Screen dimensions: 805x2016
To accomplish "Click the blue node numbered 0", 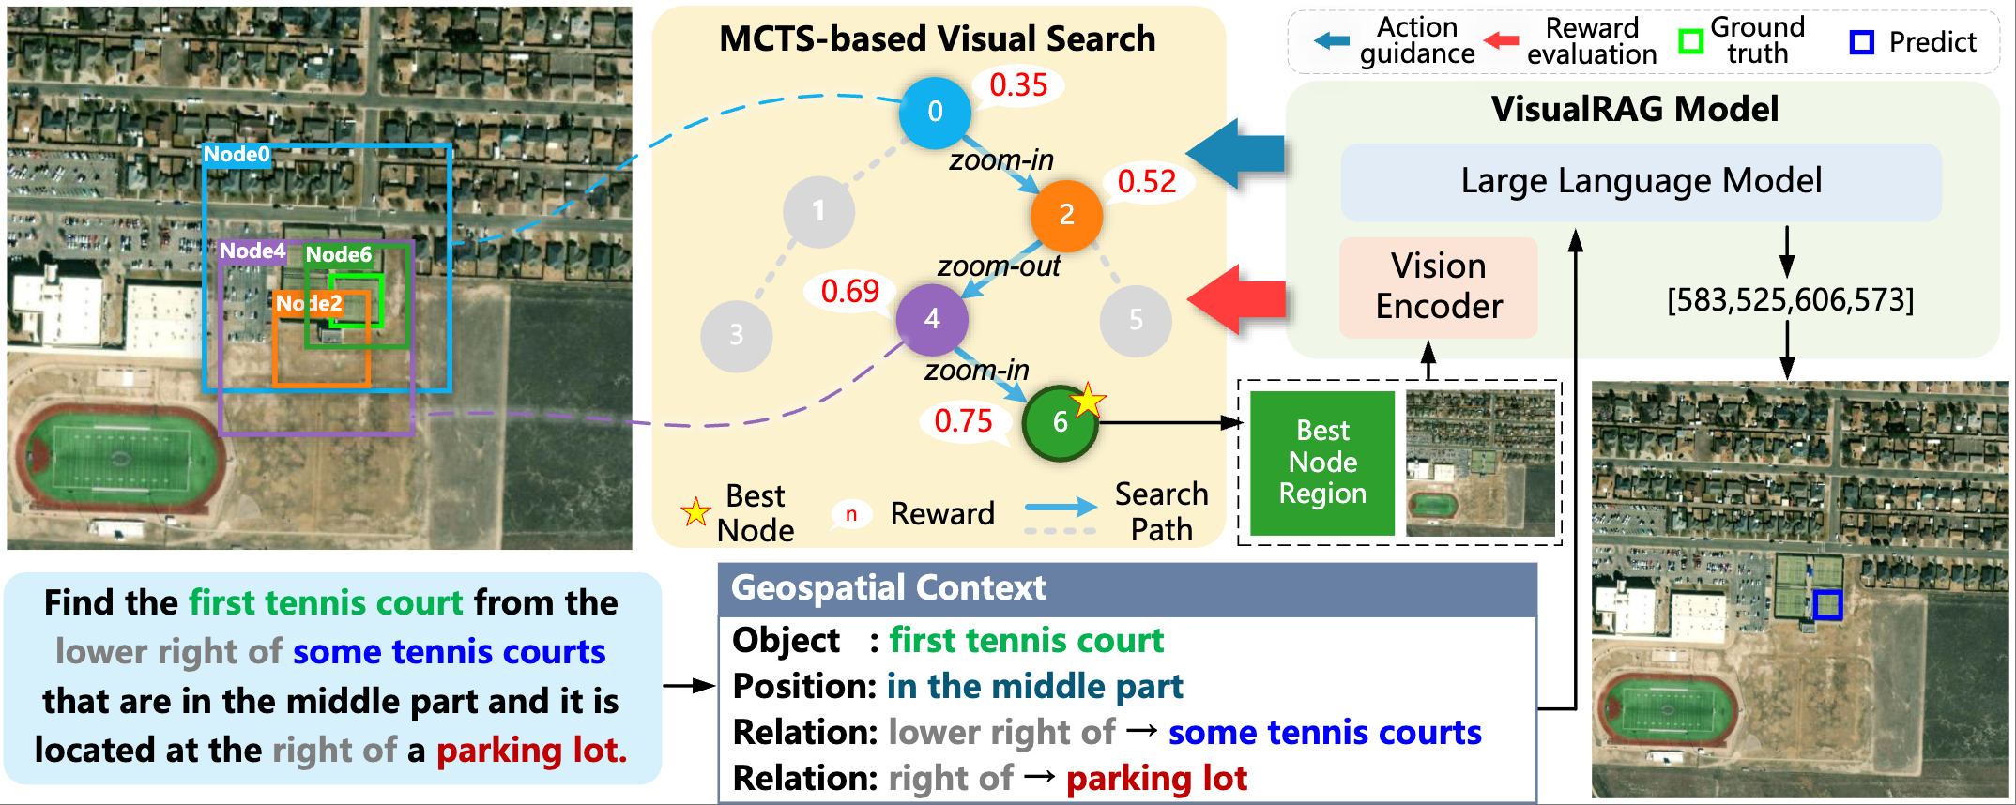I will [935, 113].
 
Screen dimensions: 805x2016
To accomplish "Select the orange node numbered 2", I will [1066, 215].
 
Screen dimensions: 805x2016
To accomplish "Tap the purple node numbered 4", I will [932, 319].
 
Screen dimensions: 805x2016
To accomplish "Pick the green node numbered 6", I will [1060, 422].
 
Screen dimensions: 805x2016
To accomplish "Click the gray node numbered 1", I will [818, 211].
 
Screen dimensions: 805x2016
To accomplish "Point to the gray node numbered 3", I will [736, 335].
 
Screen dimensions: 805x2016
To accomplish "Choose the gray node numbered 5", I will [1136, 320].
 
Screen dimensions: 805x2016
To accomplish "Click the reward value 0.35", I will [1018, 85].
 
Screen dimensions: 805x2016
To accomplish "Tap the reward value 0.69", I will [849, 291].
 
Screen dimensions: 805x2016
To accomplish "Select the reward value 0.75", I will [963, 420].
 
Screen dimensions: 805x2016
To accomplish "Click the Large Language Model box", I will [1641, 181].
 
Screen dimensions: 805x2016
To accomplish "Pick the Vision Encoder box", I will [1438, 287].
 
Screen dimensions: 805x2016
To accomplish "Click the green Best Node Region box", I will [1322, 463].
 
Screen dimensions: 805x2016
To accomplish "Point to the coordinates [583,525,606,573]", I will [1790, 300].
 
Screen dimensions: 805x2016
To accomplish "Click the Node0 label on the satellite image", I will [237, 155].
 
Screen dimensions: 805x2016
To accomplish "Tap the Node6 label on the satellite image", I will [338, 254].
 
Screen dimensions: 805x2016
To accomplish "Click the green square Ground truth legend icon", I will [1690, 42].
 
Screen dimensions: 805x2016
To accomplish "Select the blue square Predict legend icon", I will [1861, 42].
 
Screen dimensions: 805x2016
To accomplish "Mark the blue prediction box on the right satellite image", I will [1826, 605].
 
